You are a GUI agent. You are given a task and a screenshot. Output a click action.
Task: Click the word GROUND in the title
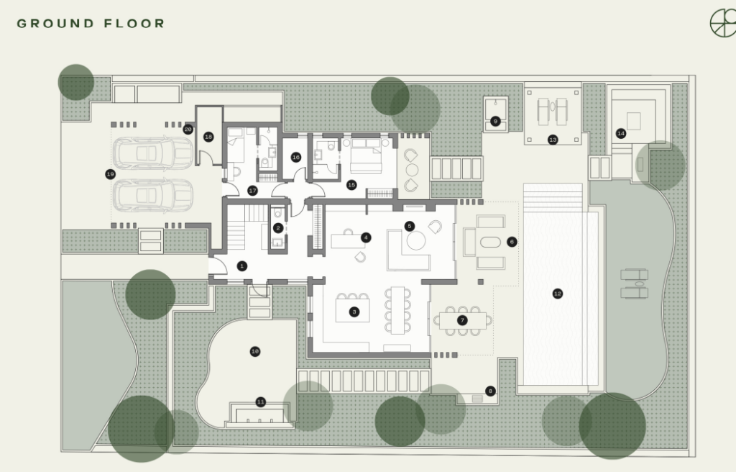point(56,24)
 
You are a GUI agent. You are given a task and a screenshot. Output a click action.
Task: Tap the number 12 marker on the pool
point(557,294)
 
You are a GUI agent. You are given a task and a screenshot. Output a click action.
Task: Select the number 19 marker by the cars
point(110,174)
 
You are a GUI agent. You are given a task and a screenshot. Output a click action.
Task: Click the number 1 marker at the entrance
point(241,266)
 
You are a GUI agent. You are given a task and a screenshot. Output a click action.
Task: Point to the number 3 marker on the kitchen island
point(354,312)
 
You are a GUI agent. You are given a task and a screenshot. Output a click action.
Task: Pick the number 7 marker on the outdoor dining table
point(462,321)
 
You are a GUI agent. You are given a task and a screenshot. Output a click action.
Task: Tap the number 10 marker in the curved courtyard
point(255,351)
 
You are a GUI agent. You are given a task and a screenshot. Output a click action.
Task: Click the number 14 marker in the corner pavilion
point(621,134)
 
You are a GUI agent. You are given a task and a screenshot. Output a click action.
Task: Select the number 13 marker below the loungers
point(553,140)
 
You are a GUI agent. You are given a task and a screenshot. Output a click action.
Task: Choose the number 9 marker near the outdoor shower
point(495,122)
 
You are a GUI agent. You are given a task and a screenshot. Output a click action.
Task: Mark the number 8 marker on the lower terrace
point(490,391)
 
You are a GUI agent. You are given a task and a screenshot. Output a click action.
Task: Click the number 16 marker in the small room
point(295,157)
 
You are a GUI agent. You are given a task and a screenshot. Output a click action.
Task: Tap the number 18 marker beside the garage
point(208,137)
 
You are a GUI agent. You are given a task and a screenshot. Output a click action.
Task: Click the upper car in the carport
point(153,153)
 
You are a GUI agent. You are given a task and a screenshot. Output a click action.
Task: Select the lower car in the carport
point(153,195)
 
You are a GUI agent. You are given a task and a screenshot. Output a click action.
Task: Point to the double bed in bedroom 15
point(366,156)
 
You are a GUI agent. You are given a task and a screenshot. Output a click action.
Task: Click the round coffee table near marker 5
point(416,241)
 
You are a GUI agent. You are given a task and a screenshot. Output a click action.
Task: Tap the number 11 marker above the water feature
point(260,402)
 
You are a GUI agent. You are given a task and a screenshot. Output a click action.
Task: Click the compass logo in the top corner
point(723,22)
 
